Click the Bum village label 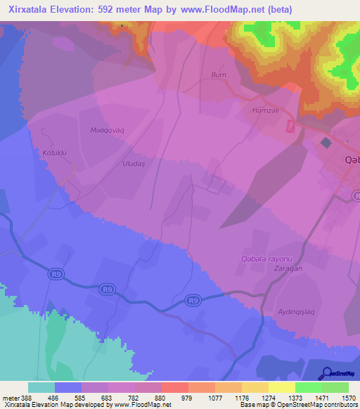click(x=218, y=74)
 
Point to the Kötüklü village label click(x=53, y=152)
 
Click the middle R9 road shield click(x=107, y=288)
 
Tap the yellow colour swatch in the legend click(x=281, y=387)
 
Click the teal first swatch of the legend click(x=41, y=387)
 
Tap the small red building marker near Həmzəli click(x=290, y=126)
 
